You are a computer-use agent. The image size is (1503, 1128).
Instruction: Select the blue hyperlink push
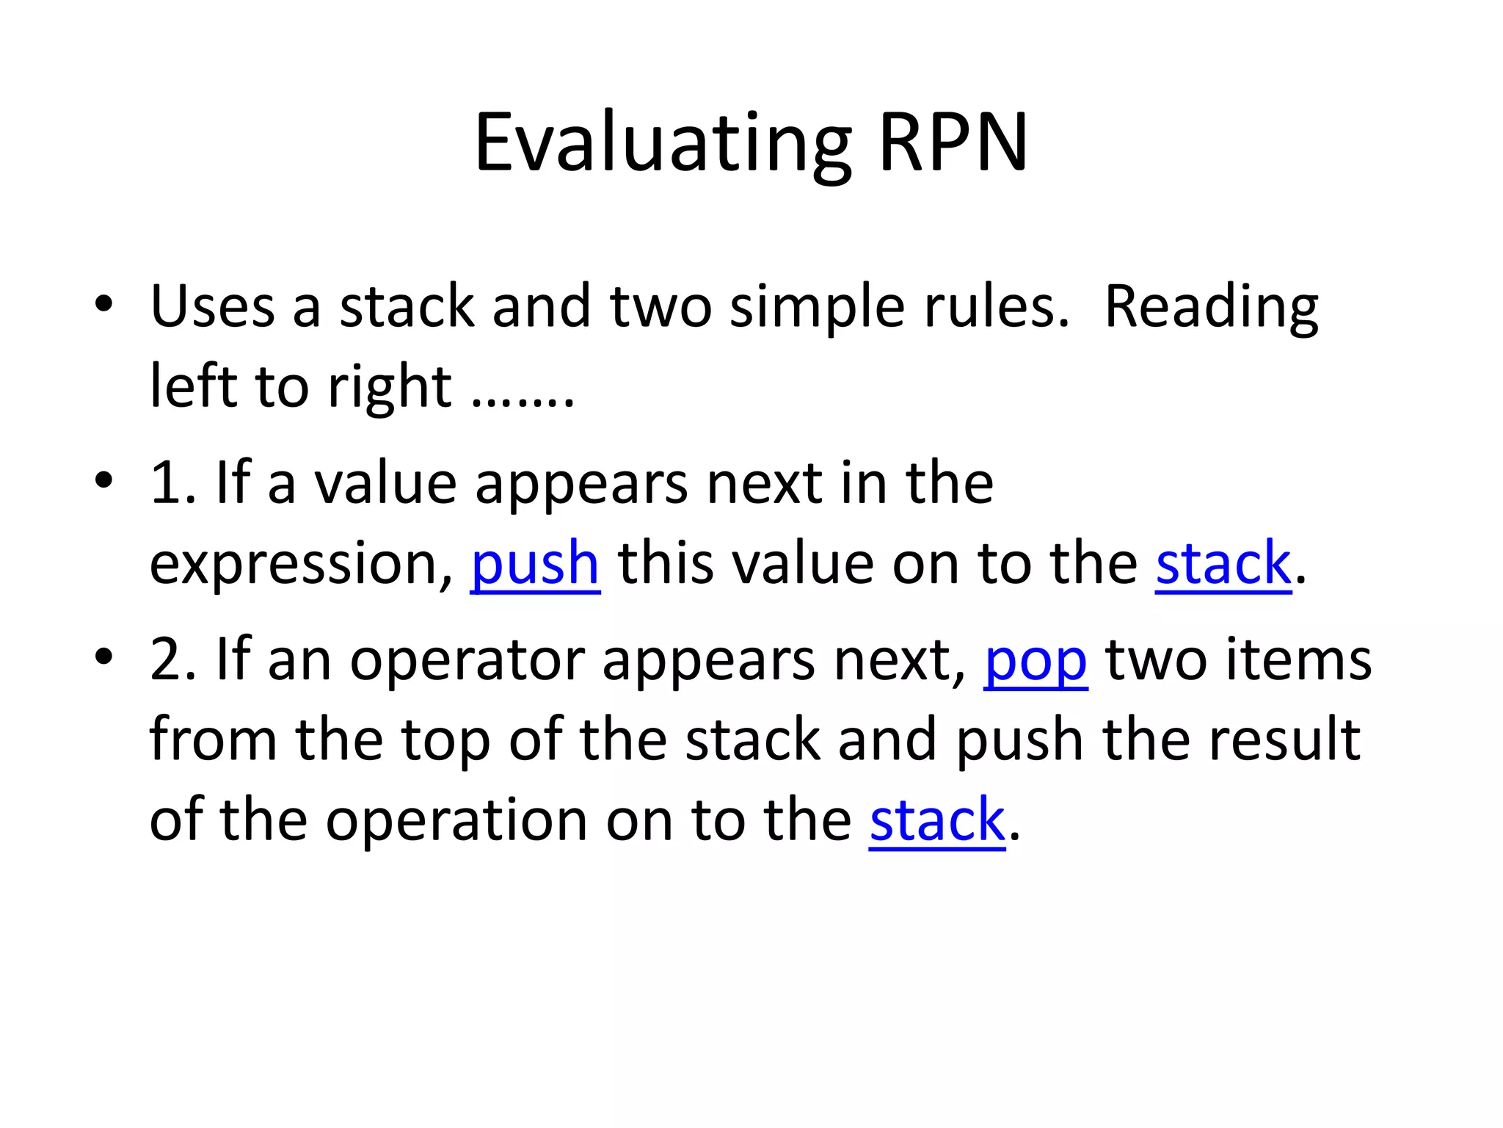535,564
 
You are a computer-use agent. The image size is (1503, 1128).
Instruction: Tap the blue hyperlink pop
1036,661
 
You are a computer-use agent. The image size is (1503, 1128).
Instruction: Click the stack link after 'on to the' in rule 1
1223,564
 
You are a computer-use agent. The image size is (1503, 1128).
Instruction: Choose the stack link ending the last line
937,820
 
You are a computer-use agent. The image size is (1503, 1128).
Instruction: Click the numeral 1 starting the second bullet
164,484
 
